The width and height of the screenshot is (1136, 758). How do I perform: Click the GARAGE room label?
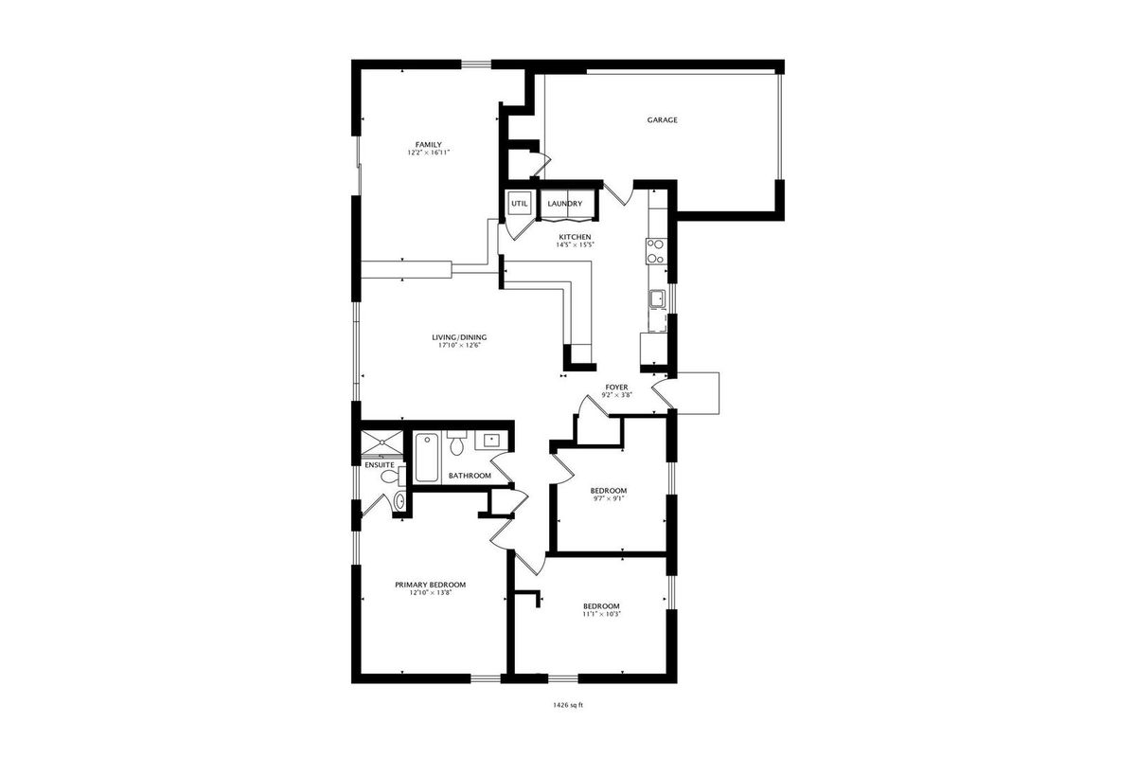click(662, 120)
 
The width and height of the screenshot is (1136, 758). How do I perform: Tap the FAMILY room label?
click(429, 145)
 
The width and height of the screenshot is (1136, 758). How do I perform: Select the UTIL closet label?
click(520, 204)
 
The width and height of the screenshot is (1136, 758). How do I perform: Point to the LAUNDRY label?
click(565, 204)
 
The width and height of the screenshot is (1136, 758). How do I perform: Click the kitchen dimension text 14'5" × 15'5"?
click(575, 244)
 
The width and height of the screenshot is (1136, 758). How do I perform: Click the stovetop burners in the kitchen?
click(656, 251)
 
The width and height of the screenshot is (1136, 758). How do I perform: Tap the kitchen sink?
click(658, 298)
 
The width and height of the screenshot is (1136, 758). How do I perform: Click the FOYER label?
click(616, 388)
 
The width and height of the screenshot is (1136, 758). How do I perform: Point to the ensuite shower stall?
click(382, 442)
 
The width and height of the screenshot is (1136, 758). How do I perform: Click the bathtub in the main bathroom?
click(427, 458)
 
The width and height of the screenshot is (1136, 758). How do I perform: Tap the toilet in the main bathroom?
click(457, 442)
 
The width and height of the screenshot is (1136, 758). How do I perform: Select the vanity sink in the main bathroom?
click(490, 441)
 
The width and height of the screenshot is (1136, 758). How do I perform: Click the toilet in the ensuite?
click(392, 477)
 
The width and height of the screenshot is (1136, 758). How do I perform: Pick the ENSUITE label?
click(380, 465)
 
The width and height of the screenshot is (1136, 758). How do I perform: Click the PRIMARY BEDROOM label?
click(430, 585)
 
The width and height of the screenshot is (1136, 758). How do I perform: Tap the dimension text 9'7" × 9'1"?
click(608, 498)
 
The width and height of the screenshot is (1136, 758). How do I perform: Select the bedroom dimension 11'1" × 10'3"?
click(601, 614)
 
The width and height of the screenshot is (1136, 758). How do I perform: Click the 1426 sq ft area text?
click(568, 705)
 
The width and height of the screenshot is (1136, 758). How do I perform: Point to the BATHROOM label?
click(470, 476)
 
